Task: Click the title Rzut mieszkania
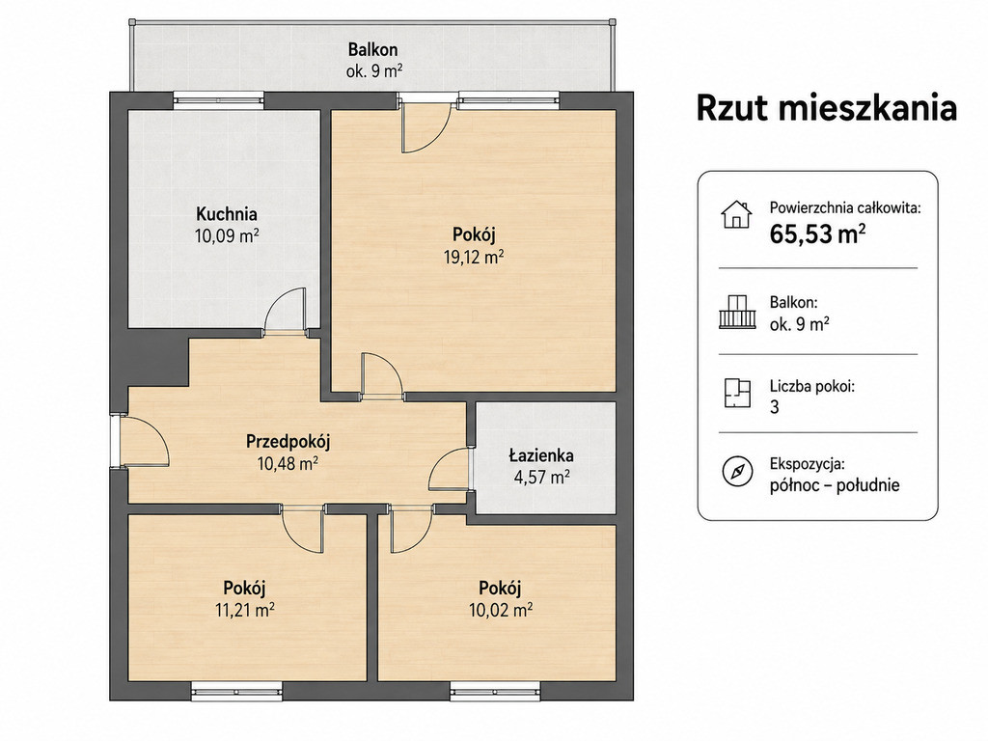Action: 827,108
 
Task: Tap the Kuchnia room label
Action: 226,213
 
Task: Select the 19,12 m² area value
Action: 474,257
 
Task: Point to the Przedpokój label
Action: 288,442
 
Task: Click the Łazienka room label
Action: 541,455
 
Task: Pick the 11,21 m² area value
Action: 244,610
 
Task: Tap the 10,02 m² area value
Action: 501,610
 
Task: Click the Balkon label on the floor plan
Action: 373,49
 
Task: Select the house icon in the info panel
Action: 736,214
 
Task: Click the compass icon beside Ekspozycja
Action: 736,471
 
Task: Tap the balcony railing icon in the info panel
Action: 736,312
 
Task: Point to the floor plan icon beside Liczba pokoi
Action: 737,394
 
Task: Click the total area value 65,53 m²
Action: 817,234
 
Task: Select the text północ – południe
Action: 835,486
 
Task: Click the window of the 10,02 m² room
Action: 496,692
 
